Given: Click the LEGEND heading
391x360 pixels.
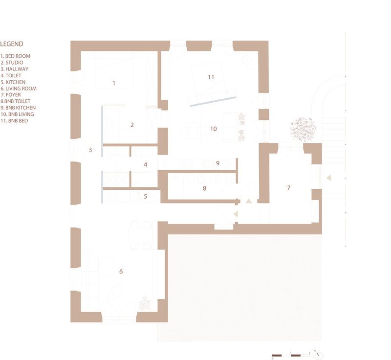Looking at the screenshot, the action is click(x=12, y=44).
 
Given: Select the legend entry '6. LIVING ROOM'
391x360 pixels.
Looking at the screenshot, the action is click(x=19, y=89).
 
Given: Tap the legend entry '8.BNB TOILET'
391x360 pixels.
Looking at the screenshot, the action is click(x=16, y=101).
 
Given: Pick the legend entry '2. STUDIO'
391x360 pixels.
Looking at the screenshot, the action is click(x=12, y=63).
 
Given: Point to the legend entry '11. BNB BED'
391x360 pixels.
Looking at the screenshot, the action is click(x=14, y=121).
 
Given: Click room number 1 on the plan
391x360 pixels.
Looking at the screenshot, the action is click(x=114, y=83).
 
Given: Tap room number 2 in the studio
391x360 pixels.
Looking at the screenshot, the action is click(x=132, y=125).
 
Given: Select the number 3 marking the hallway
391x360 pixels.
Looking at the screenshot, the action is click(x=90, y=150).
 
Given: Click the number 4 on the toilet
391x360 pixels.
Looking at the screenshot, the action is click(x=145, y=164).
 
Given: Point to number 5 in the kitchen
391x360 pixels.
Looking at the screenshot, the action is click(x=145, y=196).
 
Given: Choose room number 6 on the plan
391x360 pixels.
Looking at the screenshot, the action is click(x=121, y=271).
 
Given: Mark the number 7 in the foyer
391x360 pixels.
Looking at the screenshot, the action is click(x=289, y=188).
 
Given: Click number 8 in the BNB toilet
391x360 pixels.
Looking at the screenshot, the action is click(x=204, y=188).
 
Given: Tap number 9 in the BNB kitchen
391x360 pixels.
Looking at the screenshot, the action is click(x=217, y=163).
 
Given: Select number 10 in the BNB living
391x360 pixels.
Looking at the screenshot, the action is click(x=214, y=129).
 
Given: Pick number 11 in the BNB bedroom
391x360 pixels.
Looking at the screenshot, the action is click(x=211, y=77).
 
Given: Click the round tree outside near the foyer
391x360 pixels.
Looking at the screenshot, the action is click(x=303, y=130).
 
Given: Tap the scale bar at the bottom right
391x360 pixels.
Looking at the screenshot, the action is click(x=291, y=355).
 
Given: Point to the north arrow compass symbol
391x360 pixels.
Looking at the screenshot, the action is click(x=319, y=355).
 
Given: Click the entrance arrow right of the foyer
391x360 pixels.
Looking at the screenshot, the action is click(x=328, y=178).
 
